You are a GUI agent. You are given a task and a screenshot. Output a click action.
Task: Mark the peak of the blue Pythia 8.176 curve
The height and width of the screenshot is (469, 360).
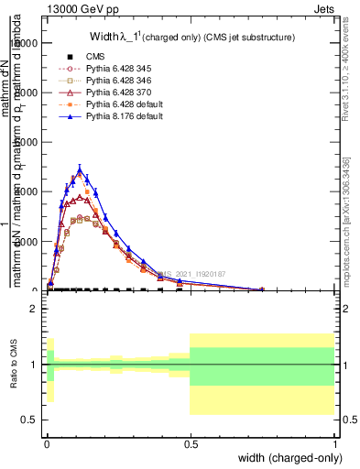coord(81,169)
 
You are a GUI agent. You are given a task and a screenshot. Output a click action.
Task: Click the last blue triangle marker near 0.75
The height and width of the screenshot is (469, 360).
coord(262,289)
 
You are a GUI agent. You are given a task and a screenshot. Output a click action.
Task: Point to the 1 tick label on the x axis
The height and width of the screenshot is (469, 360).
coord(334,442)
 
